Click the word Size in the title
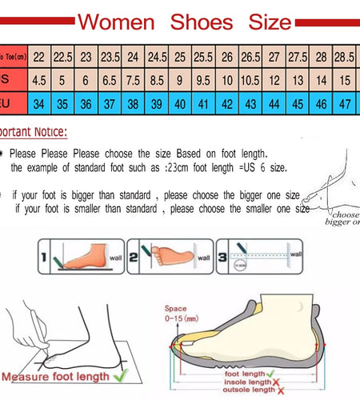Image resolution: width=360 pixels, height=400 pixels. (x=262, y=22)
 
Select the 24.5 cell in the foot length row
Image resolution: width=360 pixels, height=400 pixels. (x=157, y=58)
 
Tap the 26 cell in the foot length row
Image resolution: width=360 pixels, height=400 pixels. (x=227, y=58)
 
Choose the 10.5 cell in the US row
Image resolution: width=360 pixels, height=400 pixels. (x=250, y=81)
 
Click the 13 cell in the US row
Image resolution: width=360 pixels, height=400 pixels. (x=298, y=81)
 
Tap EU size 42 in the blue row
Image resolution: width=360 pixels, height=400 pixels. (x=227, y=104)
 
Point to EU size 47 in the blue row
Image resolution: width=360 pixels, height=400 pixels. (x=345, y=104)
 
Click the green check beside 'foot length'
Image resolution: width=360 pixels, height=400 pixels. (x=275, y=372)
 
